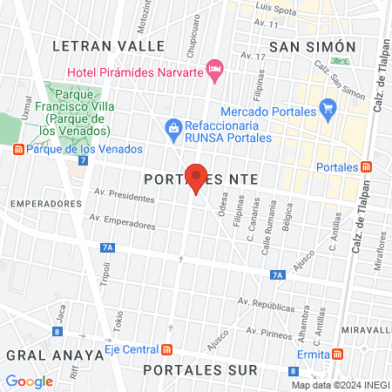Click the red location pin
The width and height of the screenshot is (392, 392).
196,177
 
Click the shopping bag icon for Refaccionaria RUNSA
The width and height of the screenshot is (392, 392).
173,129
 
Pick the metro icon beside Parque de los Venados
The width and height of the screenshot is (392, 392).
18,149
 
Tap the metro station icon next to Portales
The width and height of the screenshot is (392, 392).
367,166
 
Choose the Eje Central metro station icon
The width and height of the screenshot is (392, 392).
166,349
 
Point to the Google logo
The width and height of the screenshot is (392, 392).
29,381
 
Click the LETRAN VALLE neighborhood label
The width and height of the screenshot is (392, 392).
108,44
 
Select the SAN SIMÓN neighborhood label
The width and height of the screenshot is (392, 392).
313,46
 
